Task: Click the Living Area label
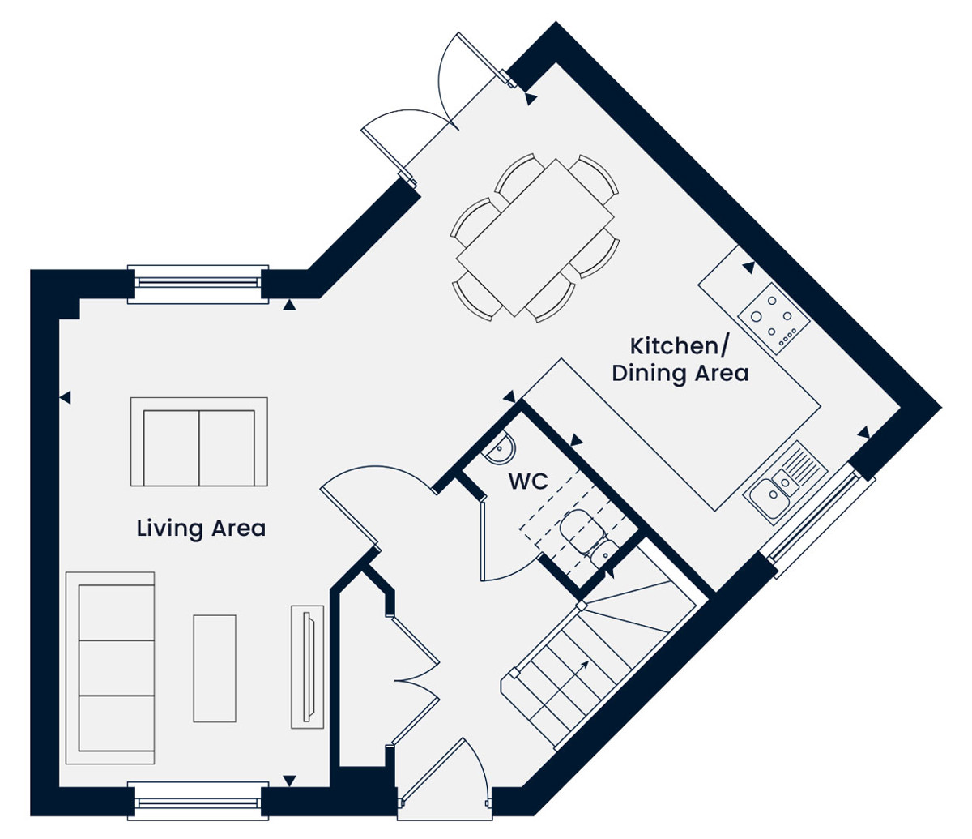point(201,529)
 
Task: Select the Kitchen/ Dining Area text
point(680,360)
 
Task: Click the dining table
point(535,238)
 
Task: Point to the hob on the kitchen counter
point(774,318)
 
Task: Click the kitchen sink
point(786,482)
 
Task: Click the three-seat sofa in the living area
point(110,668)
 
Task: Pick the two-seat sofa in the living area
point(199,442)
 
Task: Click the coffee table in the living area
point(215,668)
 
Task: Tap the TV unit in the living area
point(308,667)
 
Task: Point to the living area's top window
point(198,284)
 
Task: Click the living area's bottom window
point(198,802)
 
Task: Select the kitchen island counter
point(672,434)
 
